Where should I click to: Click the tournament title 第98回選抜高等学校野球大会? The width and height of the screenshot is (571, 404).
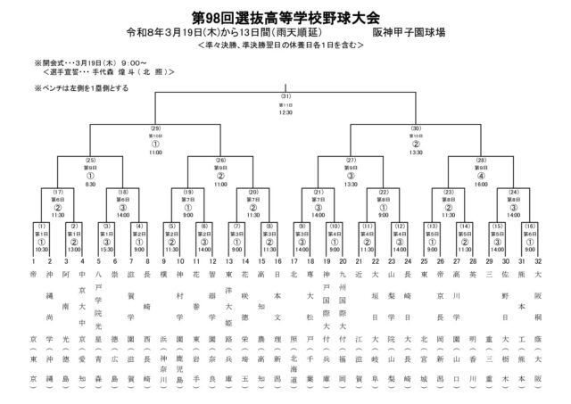click(285, 16)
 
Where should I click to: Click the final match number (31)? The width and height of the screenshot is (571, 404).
click(286, 95)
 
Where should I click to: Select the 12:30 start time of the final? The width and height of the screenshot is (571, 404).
click(286, 113)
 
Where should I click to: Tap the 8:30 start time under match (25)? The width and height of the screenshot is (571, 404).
click(89, 184)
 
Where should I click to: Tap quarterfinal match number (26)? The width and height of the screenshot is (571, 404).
click(220, 159)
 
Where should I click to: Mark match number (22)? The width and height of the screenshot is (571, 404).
click(384, 192)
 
